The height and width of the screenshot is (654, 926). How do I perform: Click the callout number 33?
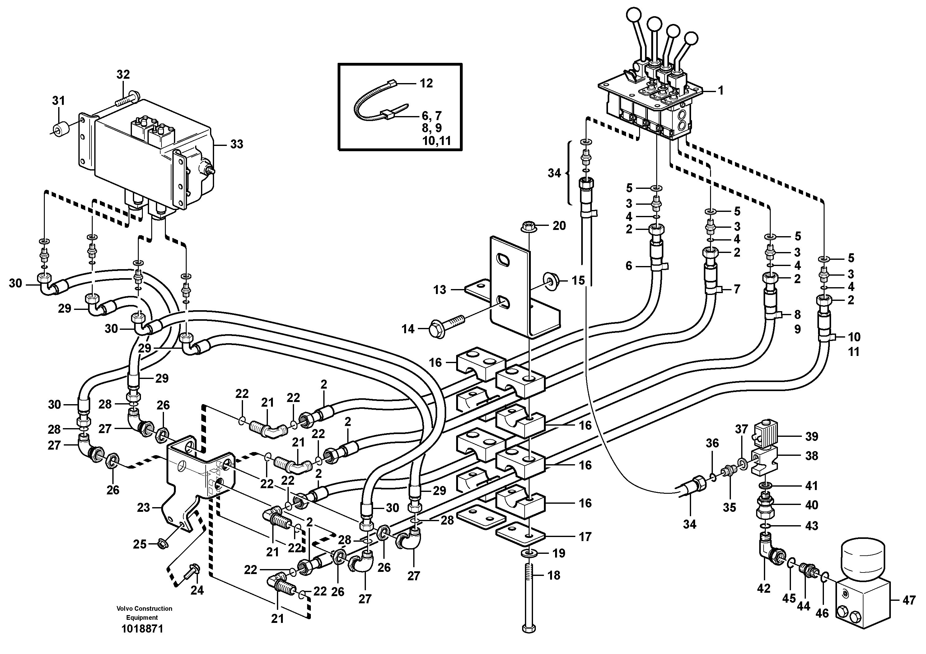point(237,144)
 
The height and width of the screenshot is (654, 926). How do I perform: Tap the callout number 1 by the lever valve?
point(720,91)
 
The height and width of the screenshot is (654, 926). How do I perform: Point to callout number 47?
point(909,612)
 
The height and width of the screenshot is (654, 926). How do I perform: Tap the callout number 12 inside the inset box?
point(426,83)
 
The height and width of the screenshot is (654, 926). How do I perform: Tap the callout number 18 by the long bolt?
point(554,575)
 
